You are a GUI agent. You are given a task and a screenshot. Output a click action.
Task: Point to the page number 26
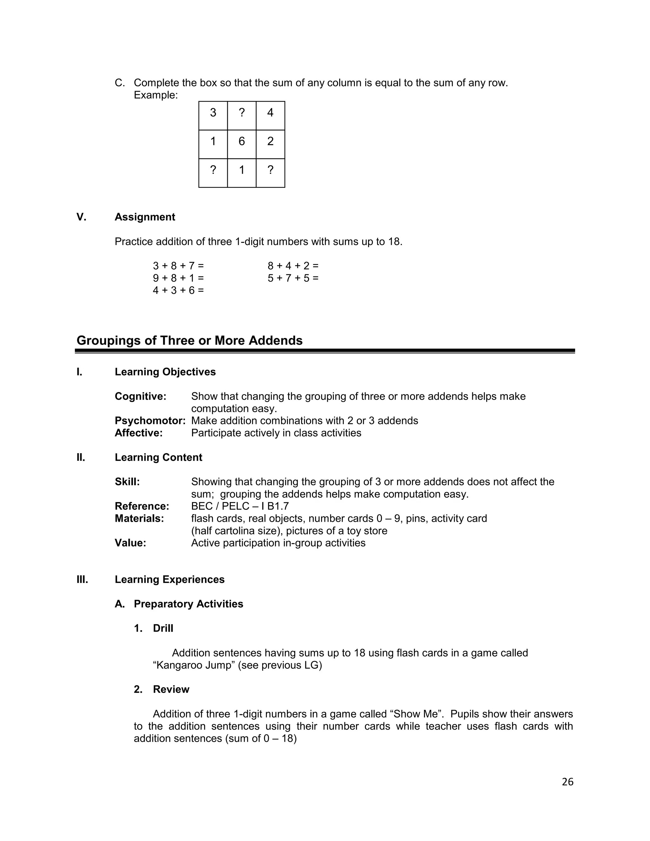[567, 782]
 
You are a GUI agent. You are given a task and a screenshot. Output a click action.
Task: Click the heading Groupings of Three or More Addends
[189, 341]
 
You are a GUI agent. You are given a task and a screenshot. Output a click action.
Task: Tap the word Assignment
[145, 217]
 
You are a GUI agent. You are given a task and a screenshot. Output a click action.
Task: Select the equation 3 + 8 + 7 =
[178, 266]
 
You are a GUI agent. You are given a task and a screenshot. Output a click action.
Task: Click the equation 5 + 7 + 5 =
[293, 278]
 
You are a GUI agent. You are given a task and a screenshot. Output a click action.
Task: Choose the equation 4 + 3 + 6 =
[178, 290]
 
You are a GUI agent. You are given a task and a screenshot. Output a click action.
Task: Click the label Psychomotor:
[150, 420]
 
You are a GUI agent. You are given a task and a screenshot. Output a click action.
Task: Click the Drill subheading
[163, 628]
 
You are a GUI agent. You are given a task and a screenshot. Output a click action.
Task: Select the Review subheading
[171, 689]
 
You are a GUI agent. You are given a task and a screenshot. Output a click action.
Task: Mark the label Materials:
[139, 518]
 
